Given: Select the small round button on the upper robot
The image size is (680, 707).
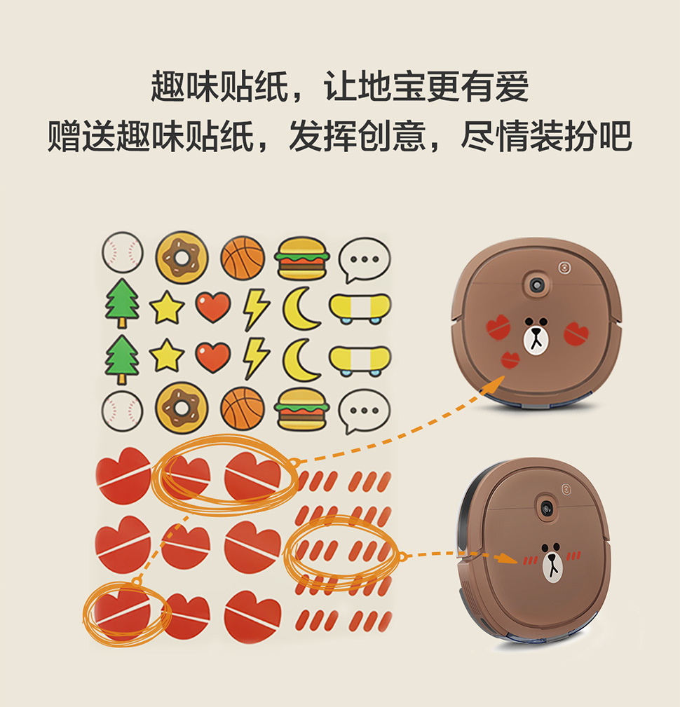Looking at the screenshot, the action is coord(564,268).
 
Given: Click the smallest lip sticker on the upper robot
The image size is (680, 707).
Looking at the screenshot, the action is coord(510,359).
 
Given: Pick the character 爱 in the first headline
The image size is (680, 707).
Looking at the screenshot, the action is coord(512,86).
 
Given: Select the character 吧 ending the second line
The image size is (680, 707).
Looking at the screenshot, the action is coord(616,136).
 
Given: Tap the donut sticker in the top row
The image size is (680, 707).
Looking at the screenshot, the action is coord(182,257).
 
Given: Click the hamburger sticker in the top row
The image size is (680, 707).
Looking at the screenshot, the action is coord(302,259).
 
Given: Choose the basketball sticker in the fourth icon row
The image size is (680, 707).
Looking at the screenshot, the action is coord(243,409).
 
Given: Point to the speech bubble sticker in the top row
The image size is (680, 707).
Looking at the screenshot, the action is coord(364,260).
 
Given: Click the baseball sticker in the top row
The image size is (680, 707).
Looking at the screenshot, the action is coord(122,252).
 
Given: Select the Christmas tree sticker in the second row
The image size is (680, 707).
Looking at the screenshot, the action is coord(122,303).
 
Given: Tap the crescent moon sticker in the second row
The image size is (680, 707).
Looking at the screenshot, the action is coord(301,308).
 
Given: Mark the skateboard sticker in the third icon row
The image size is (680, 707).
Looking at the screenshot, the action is coord(360,361).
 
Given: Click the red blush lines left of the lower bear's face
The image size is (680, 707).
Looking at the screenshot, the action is coord(530,560).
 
